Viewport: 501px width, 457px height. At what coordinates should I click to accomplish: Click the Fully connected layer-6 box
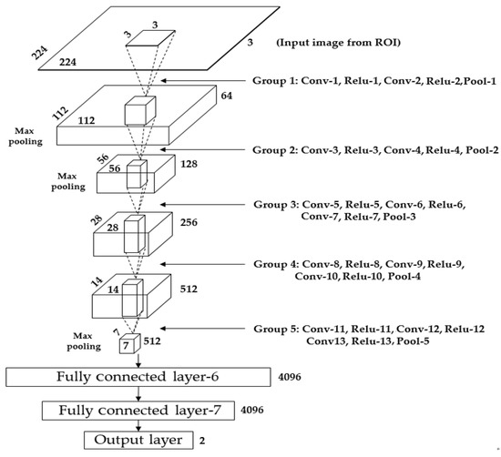[137, 376]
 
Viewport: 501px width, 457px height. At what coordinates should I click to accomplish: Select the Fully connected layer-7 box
[138, 410]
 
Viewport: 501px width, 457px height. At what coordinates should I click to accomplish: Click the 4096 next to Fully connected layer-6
[289, 374]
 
